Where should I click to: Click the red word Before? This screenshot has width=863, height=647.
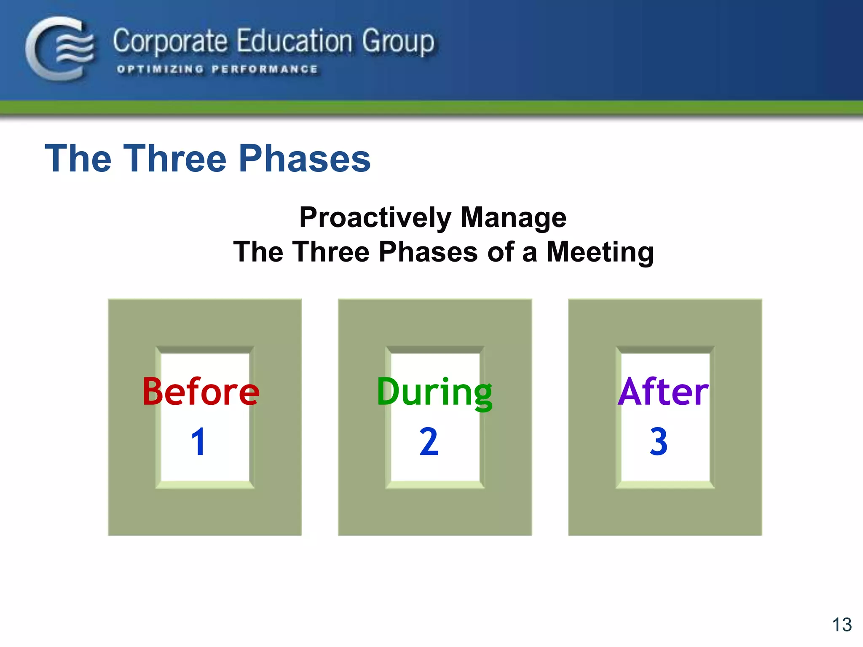click(x=201, y=392)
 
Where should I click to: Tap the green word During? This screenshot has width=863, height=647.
click(x=434, y=392)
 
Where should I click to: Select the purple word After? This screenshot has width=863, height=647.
click(x=663, y=392)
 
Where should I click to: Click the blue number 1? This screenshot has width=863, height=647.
click(x=198, y=442)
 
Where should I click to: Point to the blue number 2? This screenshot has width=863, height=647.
click(x=429, y=442)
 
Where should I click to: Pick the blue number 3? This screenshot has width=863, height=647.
click(x=659, y=442)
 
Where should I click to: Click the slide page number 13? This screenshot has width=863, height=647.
click(x=842, y=625)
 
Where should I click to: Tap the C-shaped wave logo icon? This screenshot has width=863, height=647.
click(x=60, y=48)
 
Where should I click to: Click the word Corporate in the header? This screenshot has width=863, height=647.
click(x=170, y=42)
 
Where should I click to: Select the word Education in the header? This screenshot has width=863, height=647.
click(x=294, y=41)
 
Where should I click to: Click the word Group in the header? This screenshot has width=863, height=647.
click(x=398, y=42)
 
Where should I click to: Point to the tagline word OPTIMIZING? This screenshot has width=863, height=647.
click(x=160, y=69)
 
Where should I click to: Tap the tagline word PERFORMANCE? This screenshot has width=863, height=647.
click(x=265, y=69)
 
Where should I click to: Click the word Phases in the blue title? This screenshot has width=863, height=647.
click(x=304, y=158)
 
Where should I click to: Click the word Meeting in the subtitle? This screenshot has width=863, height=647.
click(x=600, y=252)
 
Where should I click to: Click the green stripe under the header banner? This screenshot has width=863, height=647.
click(x=431, y=107)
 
